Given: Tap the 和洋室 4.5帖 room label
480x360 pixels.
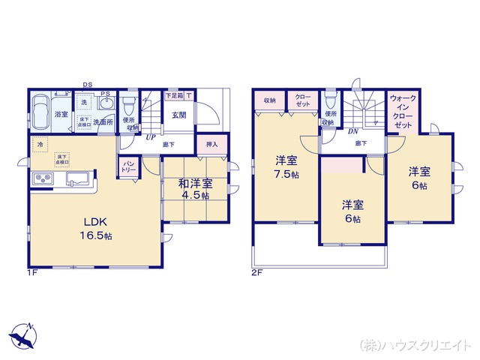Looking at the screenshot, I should coord(193,188).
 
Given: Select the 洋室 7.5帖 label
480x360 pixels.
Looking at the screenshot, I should coord(285,166).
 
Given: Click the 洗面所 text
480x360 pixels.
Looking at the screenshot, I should coord(103,121).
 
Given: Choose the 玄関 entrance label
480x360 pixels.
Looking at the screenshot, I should coord(178,115).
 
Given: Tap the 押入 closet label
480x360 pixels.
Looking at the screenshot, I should coord(211,143).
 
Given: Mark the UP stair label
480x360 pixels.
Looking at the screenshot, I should coord(151,137).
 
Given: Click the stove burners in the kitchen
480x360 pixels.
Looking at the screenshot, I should coord(41,178).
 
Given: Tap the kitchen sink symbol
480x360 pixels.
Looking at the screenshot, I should coord(77,178).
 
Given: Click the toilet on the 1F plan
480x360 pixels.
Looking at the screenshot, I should coord(128,103).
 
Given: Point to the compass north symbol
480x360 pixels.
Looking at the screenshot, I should coord(24,335).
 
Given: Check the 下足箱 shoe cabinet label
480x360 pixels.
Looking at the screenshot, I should coord(175,96).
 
